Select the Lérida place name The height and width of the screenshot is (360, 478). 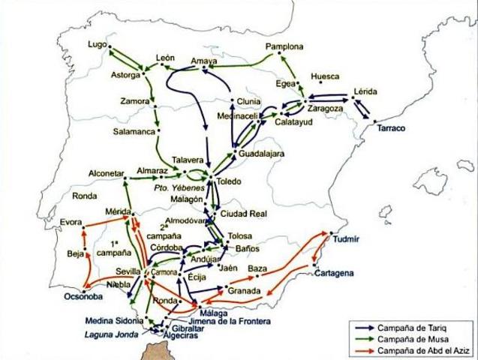[365, 91]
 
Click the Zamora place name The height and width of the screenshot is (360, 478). [135, 100]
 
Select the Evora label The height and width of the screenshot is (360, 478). [72, 222]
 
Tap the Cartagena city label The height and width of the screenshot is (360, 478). [334, 273]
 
